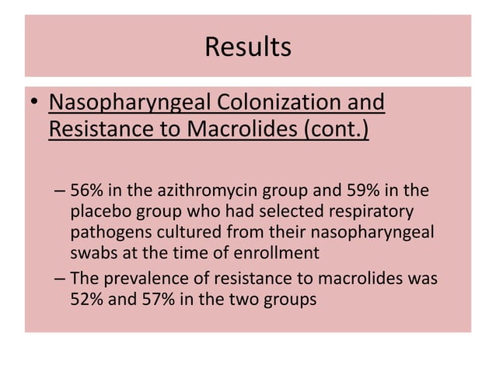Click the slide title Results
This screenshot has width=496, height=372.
(x=248, y=47)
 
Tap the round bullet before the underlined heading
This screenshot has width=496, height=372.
(x=34, y=104)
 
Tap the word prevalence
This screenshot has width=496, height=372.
(x=139, y=277)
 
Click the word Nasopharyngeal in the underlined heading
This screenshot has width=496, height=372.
(x=127, y=103)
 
